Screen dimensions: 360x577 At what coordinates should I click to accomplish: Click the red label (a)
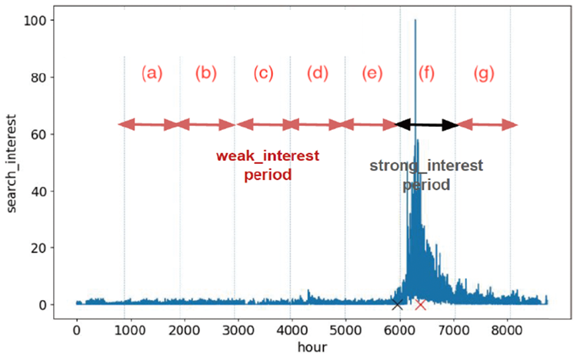click(152, 74)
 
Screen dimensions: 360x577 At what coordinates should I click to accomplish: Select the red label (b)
click(206, 74)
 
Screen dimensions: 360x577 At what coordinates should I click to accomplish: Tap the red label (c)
click(263, 74)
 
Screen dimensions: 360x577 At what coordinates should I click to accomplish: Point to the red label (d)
click(317, 74)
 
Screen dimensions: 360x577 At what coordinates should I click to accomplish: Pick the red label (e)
click(371, 74)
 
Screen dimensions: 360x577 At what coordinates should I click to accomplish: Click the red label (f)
click(426, 74)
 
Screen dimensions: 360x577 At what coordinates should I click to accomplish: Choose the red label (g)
click(485, 74)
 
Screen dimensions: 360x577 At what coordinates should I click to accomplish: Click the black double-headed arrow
click(427, 125)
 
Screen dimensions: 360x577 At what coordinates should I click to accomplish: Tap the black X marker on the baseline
click(397, 305)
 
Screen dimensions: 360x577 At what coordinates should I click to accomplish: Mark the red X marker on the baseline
click(420, 305)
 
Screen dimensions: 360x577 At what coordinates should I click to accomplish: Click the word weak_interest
click(267, 156)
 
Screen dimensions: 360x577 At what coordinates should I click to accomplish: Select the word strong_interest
click(426, 165)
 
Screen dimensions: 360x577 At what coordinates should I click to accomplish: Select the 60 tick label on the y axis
click(45, 135)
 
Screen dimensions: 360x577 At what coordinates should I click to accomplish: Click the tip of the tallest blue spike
click(415, 21)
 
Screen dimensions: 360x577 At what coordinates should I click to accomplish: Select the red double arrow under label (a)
click(149, 125)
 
